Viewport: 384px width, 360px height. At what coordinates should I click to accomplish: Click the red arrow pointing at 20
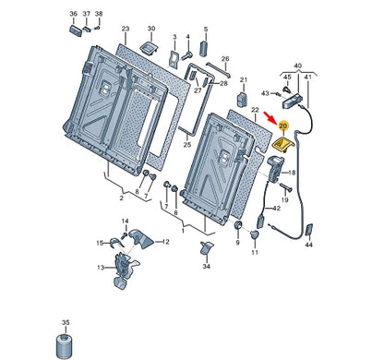click(x=271, y=118)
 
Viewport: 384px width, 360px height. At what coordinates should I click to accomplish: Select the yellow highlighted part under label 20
click(x=283, y=144)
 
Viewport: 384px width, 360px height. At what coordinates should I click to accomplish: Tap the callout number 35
click(x=66, y=323)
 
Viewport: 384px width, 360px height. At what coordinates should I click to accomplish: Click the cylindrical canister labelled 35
click(x=65, y=344)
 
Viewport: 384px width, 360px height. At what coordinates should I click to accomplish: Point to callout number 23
click(x=126, y=29)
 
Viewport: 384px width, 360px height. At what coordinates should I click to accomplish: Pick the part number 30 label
click(x=151, y=29)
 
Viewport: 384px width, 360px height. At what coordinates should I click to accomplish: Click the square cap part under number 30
click(x=150, y=48)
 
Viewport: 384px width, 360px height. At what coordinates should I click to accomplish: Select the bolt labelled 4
click(x=186, y=56)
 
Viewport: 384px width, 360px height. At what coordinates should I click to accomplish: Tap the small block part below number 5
click(x=203, y=49)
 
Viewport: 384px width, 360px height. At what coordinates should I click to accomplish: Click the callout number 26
click(x=225, y=59)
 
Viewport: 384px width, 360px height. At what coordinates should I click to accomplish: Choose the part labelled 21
click(x=242, y=99)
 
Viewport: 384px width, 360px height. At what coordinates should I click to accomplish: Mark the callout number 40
click(x=298, y=66)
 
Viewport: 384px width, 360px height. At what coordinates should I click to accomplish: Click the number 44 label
click(x=308, y=245)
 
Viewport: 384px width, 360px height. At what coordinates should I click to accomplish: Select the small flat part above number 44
click(x=309, y=230)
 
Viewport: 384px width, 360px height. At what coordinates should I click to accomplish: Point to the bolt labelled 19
click(x=284, y=186)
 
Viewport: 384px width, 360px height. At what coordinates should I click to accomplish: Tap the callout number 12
click(x=165, y=242)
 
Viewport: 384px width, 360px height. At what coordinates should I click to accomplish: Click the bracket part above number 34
click(x=206, y=247)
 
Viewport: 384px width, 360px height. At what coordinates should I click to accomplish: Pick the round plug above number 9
click(x=238, y=225)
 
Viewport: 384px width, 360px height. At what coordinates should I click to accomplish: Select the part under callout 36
click(x=75, y=30)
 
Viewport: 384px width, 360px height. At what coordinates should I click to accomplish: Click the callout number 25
click(x=187, y=145)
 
